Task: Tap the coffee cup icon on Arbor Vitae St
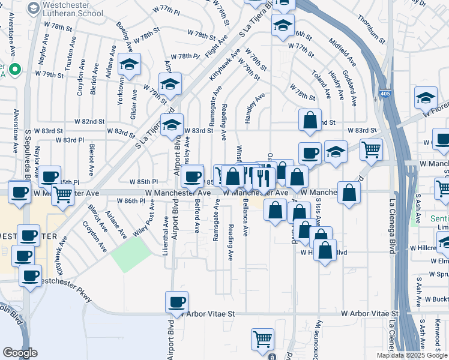pos(177,302)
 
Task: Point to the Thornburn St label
pos(370,28)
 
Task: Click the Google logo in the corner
pos(20,353)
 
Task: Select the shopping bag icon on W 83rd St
pos(310,119)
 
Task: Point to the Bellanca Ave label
pos(245,223)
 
